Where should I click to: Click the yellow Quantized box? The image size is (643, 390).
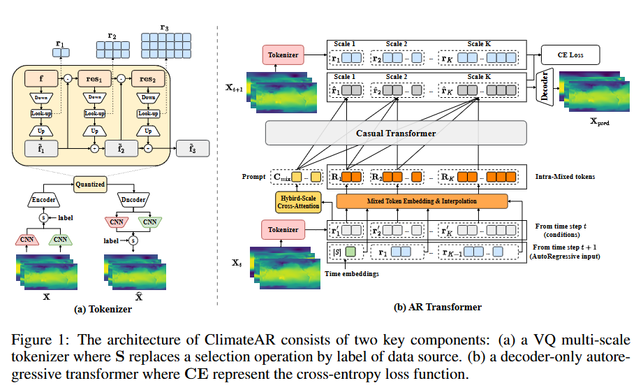coord(90,185)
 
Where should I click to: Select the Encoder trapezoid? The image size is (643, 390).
coord(44,200)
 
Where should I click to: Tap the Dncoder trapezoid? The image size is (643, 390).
coord(133,200)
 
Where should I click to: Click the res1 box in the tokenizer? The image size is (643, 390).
coord(94,79)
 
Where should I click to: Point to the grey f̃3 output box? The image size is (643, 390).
coord(193,149)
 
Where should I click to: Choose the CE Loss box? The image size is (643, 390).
coord(570,55)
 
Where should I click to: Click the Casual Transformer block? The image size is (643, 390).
coord(396,133)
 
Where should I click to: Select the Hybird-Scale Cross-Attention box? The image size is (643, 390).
coord(298,202)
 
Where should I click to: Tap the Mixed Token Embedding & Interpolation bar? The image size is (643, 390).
coord(422,201)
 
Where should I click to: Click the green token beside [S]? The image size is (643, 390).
coord(350,252)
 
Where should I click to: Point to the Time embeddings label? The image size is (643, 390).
coord(352,274)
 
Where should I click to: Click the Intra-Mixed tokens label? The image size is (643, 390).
coord(565,177)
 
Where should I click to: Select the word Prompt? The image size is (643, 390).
coord(254,177)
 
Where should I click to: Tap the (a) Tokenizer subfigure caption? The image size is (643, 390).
coord(103,309)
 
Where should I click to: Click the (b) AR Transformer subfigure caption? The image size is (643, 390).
coord(438,307)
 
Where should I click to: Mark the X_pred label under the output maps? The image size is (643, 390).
coord(600,122)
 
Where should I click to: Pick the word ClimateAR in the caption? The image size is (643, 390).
coord(240,340)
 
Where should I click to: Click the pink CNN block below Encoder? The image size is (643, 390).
coord(27,239)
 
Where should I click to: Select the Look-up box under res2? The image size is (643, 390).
coord(148,113)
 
